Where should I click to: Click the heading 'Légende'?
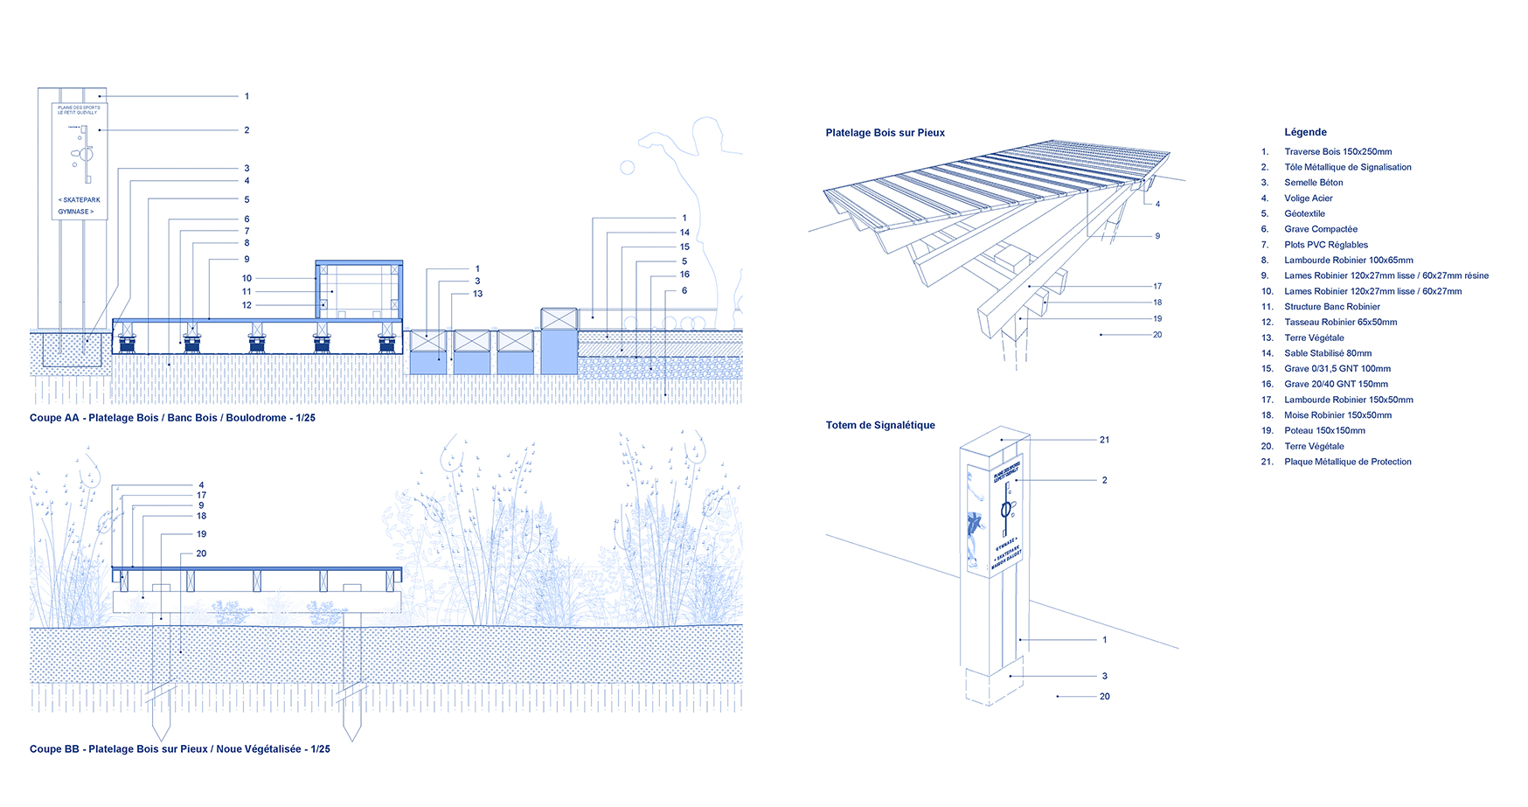[x=1305, y=132]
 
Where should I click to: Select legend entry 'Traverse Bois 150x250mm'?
[x=1337, y=152]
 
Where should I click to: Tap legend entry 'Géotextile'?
[x=1304, y=214]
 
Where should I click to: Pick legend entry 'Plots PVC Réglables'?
[x=1325, y=245]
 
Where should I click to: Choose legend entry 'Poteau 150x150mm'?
[x=1324, y=431]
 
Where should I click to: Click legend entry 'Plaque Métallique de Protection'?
[x=1347, y=462]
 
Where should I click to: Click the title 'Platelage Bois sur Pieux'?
[x=885, y=133]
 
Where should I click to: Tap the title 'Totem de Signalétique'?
[x=880, y=426]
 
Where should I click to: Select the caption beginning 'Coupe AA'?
[x=172, y=418]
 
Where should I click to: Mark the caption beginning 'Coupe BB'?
[x=179, y=749]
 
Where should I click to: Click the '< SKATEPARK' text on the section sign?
[x=80, y=200]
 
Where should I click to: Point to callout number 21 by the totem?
[x=1104, y=440]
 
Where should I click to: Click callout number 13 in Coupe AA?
[x=477, y=294]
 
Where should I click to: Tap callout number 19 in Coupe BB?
[x=201, y=534]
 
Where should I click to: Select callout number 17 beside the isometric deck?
[x=1157, y=287]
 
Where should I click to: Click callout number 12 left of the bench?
[x=247, y=305]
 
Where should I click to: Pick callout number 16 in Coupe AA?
[x=684, y=275]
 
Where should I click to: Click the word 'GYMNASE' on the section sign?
[x=73, y=212]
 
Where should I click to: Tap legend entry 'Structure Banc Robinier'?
[x=1331, y=307]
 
